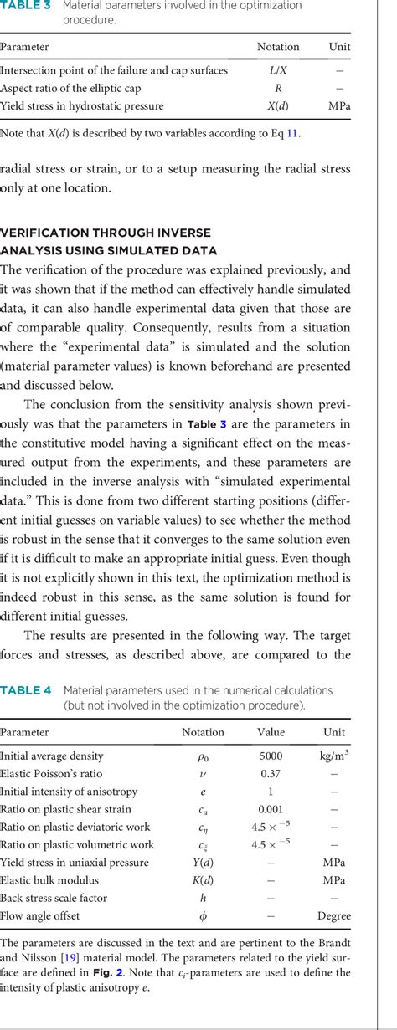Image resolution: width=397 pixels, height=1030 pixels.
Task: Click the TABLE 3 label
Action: pos(26,5)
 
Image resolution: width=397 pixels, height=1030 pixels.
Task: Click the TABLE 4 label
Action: pos(26,690)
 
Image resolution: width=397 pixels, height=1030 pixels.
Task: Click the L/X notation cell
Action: pos(278,70)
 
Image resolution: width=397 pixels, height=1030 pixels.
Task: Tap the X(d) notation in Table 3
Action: pos(278,106)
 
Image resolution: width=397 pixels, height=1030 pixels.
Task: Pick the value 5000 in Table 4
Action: pos(271,756)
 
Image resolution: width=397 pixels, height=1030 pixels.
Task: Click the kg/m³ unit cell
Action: pos(334,755)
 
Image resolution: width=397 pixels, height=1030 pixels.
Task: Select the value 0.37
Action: pos(271,774)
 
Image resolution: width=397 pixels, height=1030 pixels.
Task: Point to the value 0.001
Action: pos(271,809)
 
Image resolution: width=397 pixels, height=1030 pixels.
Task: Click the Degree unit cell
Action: pos(334,916)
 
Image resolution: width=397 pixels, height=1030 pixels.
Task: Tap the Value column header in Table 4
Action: pos(271,732)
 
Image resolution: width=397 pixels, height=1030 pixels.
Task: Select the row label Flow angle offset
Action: pos(39,916)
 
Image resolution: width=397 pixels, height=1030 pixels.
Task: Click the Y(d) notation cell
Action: pos(203,863)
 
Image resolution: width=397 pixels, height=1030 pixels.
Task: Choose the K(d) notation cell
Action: pos(203,880)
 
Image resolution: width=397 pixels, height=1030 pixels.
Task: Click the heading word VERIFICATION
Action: pos(49,233)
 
